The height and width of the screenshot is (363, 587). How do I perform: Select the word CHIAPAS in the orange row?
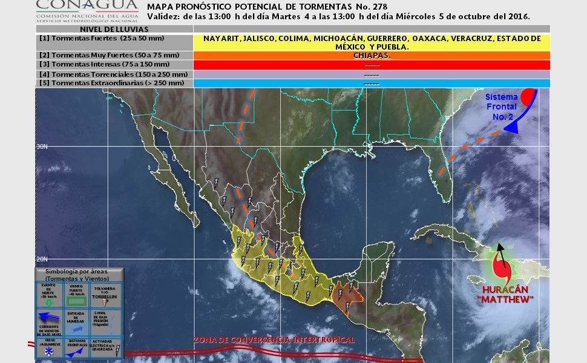click(372, 55)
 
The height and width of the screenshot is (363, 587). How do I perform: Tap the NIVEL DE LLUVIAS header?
click(114, 28)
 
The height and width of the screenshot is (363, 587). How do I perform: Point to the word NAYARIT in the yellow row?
click(221, 38)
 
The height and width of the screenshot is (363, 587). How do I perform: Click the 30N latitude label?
click(42, 146)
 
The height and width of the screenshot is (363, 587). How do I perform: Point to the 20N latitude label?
click(42, 259)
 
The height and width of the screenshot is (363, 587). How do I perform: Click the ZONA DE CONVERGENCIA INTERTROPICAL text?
click(274, 340)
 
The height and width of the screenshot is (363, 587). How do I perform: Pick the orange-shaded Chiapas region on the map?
click(347, 293)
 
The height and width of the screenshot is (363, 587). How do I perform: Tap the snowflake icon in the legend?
click(48, 351)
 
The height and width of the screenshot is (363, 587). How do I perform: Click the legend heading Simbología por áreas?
click(79, 275)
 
